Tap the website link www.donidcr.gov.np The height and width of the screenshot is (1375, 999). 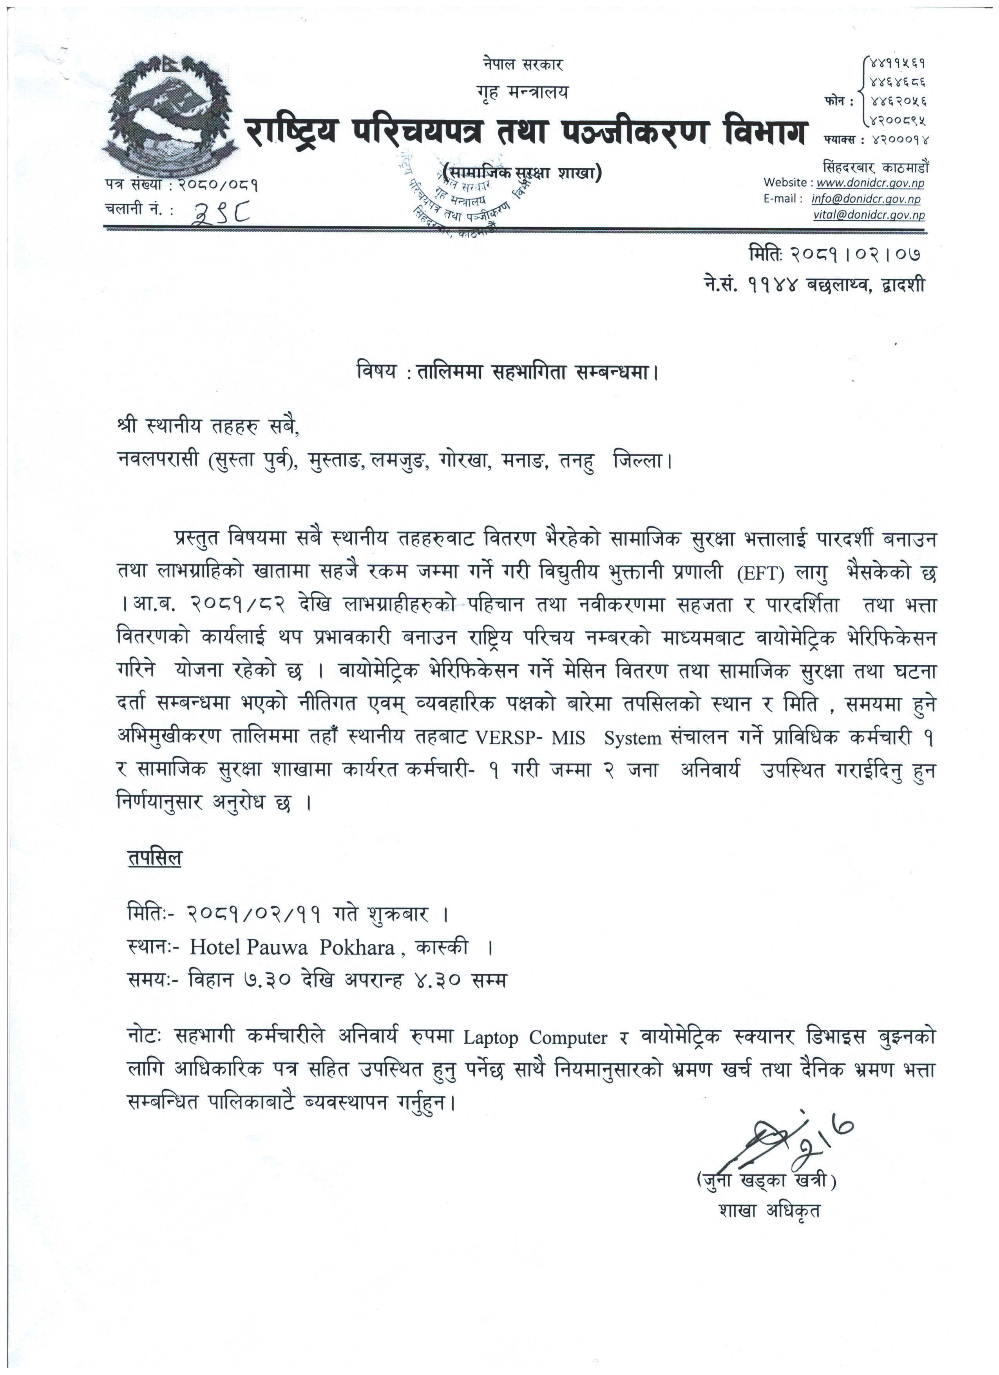(870, 183)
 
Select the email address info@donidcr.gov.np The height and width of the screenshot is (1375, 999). (866, 199)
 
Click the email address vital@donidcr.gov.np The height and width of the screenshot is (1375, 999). (869, 215)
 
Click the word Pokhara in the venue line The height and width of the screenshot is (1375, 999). (357, 947)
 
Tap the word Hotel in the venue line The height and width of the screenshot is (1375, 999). (216, 947)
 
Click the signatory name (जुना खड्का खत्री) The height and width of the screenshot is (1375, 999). (766, 1181)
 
